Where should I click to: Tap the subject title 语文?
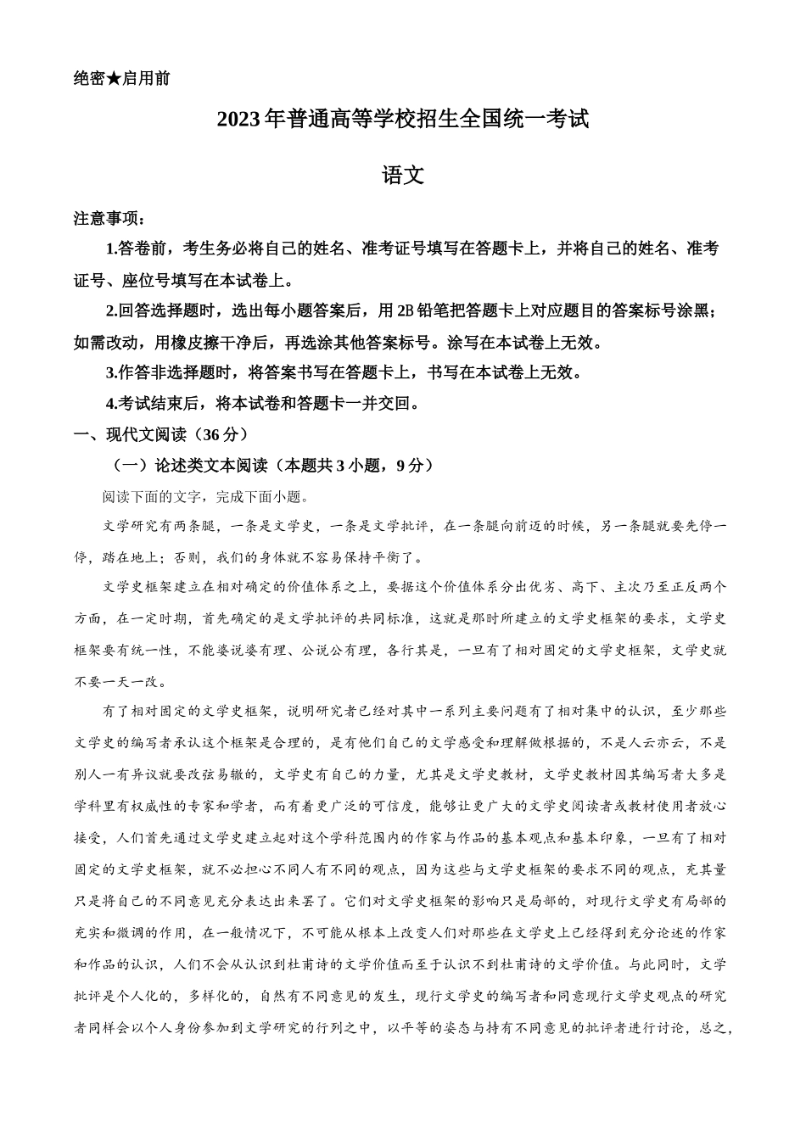[403, 176]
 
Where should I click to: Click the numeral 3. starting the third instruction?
[111, 372]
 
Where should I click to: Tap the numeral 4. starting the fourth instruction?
[111, 403]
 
